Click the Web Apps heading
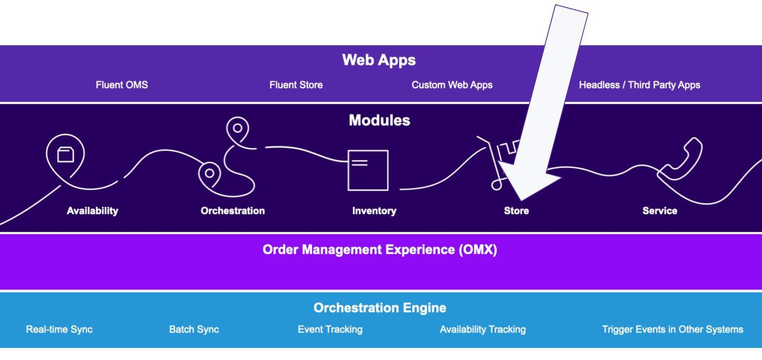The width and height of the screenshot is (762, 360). [379, 60]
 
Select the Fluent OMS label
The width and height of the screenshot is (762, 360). [121, 85]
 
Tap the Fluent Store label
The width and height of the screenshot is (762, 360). [296, 85]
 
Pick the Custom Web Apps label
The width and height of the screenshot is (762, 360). [452, 85]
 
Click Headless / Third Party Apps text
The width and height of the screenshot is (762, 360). [639, 85]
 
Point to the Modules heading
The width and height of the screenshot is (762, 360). [379, 120]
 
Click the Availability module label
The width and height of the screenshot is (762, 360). [92, 211]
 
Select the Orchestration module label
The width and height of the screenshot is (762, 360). [233, 211]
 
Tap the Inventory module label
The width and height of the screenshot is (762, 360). [374, 211]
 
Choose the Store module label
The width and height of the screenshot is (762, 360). [516, 211]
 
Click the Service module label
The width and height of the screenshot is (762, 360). [659, 211]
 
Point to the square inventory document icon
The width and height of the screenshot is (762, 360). [368, 170]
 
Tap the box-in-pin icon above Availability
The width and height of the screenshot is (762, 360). [65, 155]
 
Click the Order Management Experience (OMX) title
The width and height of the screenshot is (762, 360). [380, 250]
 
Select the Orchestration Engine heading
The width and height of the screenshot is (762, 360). [380, 308]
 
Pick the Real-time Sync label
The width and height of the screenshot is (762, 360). [59, 330]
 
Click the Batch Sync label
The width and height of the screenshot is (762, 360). [194, 330]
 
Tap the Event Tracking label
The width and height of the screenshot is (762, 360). [330, 330]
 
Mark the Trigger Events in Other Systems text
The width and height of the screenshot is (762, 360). [672, 330]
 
